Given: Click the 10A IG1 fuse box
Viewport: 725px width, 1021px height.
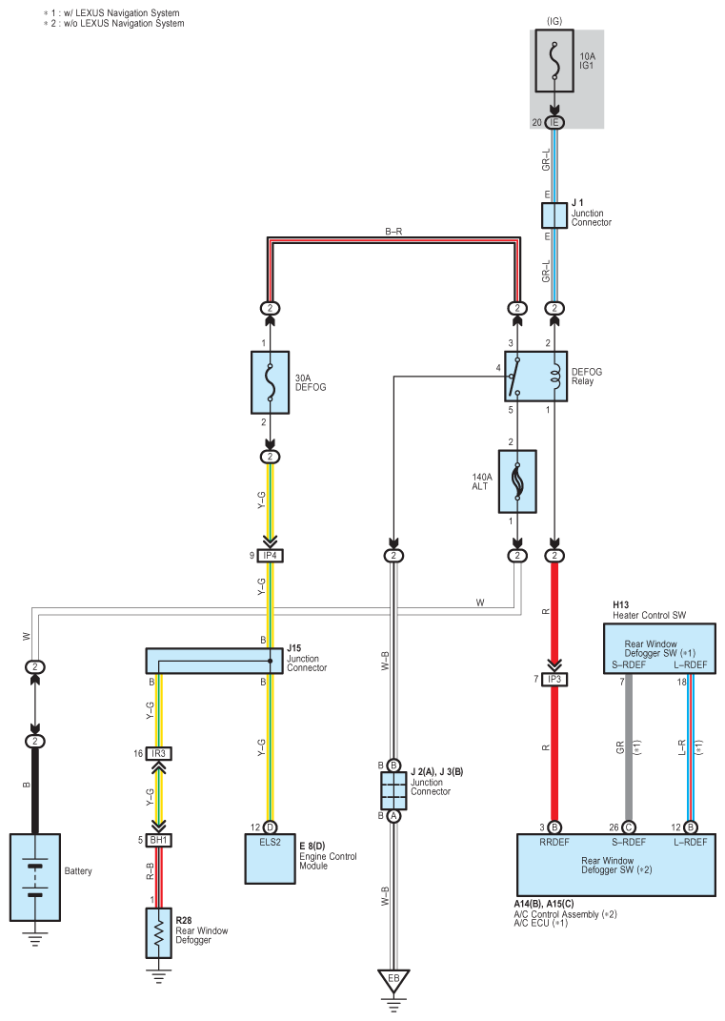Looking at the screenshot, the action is click(x=554, y=61).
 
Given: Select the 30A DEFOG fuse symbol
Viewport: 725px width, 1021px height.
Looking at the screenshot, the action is click(x=270, y=383).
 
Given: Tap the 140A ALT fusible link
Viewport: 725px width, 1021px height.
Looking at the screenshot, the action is click(x=517, y=481).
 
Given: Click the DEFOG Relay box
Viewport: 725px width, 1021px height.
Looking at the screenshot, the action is click(x=535, y=377).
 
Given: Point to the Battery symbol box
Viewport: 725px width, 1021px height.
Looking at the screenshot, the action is click(x=35, y=877).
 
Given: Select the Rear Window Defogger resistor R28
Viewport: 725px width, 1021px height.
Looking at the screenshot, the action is click(x=159, y=933).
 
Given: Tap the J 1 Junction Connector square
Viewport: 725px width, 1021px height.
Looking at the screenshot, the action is click(x=554, y=215).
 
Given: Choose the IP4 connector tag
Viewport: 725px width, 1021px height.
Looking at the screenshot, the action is click(x=270, y=556).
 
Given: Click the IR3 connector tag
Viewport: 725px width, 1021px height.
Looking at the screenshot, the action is click(x=159, y=753).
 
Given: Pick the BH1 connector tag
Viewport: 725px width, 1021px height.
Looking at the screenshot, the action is click(x=159, y=840).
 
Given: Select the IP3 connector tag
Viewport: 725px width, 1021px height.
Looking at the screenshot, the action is click(x=554, y=679).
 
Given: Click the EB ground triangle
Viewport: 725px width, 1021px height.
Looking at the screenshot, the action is click(x=393, y=980).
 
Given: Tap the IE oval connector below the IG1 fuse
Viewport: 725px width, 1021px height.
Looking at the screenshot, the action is click(x=554, y=122).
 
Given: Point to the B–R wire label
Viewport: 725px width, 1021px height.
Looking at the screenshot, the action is click(x=393, y=231).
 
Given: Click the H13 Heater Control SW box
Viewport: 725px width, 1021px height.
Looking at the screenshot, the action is click(x=659, y=648).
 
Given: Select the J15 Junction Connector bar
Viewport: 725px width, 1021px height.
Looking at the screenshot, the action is click(x=214, y=661).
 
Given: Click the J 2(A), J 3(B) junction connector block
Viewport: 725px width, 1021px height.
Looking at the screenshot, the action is click(x=393, y=790).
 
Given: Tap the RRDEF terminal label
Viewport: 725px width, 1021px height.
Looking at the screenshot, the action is click(x=554, y=842).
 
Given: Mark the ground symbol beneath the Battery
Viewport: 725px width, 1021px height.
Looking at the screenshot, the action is click(x=35, y=939).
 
